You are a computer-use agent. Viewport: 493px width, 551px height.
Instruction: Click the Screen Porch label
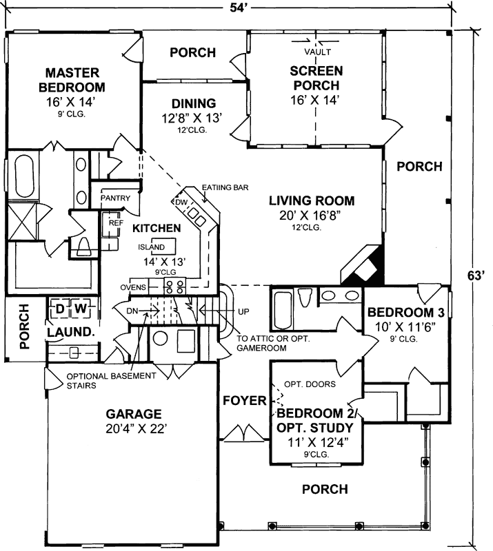[x=314, y=78]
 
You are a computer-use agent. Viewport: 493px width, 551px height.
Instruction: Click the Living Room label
[x=312, y=201]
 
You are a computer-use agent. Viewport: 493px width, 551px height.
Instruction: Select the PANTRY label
[x=116, y=198]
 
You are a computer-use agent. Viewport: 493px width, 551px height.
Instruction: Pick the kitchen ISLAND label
[x=152, y=247]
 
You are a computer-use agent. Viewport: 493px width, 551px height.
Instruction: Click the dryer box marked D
[x=60, y=308]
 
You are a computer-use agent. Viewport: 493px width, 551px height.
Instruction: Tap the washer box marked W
[x=80, y=308]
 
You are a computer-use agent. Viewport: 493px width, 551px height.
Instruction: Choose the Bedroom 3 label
[x=404, y=311]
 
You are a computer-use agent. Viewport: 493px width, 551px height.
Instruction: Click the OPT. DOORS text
[x=296, y=384]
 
